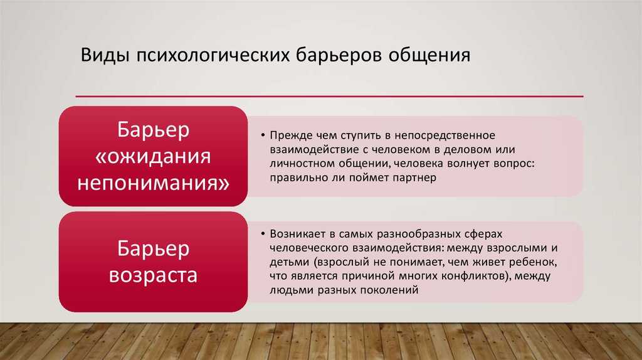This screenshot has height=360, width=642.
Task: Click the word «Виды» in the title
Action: click(105, 55)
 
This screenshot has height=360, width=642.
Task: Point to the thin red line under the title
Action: click(329, 97)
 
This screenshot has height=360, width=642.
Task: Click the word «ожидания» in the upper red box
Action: click(153, 157)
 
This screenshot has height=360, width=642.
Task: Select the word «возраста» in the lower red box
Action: click(153, 275)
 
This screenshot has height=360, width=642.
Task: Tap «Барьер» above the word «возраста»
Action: click(153, 248)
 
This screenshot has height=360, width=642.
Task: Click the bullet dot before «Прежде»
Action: click(263, 135)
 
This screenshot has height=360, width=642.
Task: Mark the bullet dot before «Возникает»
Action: click(263, 234)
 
